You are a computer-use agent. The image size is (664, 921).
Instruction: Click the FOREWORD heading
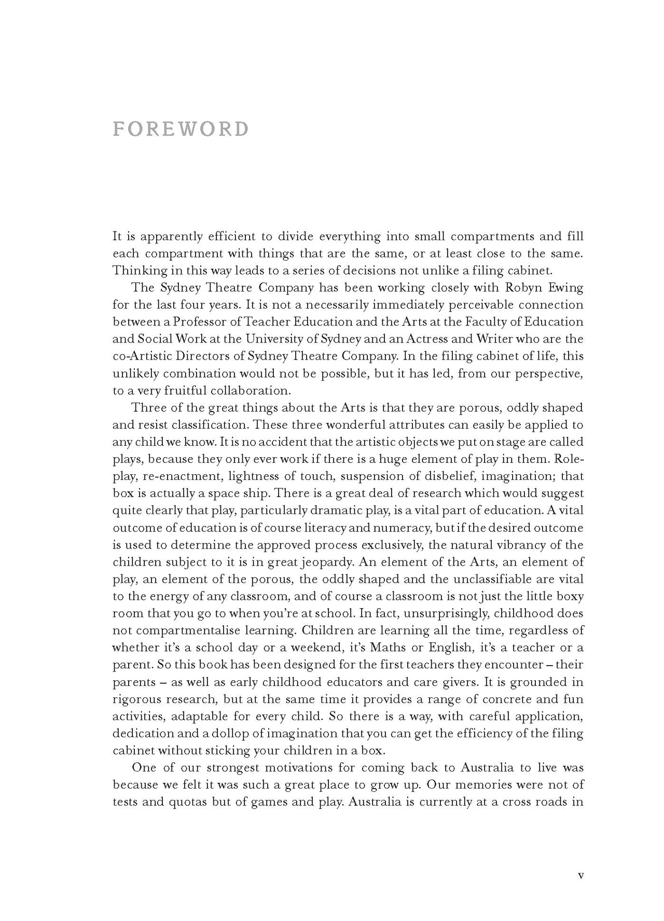[x=181, y=129]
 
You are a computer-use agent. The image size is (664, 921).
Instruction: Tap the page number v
[x=580, y=875]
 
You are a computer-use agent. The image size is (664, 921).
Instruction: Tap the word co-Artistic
[x=137, y=356]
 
